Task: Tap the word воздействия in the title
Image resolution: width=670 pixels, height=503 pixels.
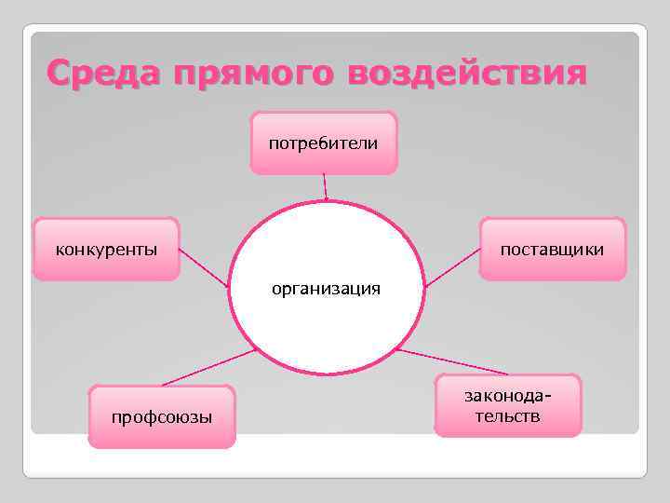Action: coord(467,73)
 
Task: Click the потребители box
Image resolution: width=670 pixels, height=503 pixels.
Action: coord(324,143)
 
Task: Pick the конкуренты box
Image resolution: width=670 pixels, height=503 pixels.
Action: coord(106,249)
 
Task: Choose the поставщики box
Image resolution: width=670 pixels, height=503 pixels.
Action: coord(552,249)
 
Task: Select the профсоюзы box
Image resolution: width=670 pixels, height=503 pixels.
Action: coord(162,416)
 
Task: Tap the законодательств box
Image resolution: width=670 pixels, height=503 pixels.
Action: coord(507,405)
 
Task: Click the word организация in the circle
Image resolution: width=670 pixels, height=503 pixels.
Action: coord(326,288)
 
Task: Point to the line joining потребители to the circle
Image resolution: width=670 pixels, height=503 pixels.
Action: coord(325,186)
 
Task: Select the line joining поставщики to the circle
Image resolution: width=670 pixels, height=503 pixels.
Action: coord(451,266)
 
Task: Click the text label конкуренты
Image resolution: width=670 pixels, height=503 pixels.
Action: coord(106,250)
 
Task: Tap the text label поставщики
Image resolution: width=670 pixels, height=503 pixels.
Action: coord(552,250)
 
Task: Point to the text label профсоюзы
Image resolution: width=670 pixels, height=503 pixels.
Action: coord(162,417)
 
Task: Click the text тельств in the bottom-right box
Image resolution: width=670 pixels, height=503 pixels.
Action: coord(507,416)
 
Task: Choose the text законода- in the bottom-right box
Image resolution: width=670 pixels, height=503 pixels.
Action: coord(507,397)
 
